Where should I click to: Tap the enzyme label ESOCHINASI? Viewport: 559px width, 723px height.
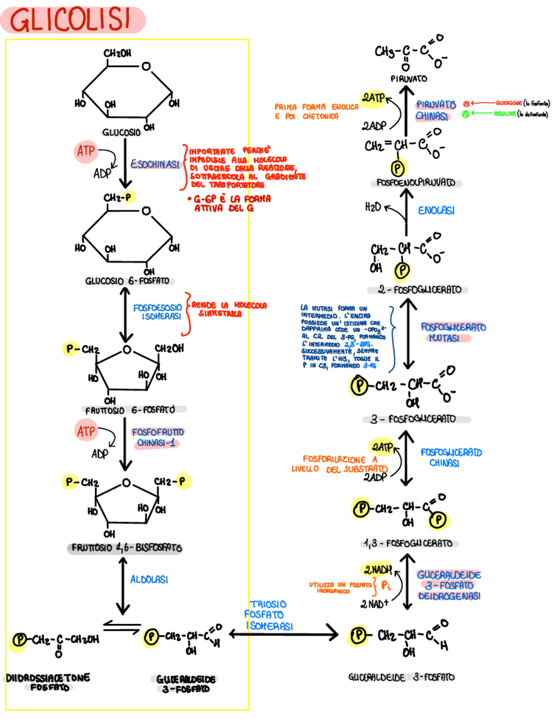click(x=155, y=164)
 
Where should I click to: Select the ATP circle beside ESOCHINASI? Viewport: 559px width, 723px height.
click(x=86, y=152)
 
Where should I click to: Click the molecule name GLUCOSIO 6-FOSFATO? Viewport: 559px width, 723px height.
click(x=127, y=281)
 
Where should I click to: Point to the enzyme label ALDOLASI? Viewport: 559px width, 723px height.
click(x=149, y=579)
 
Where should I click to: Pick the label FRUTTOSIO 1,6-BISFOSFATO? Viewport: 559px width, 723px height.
click(x=127, y=547)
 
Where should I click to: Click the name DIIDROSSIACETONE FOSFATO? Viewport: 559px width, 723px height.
click(x=48, y=682)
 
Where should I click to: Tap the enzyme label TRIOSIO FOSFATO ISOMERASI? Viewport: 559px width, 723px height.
click(x=268, y=615)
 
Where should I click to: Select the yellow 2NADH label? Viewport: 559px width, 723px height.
click(x=378, y=570)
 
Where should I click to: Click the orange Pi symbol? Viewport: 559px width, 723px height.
click(x=386, y=585)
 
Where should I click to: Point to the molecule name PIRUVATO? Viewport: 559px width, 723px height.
click(x=409, y=79)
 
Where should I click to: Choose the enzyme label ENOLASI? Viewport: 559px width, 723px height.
click(x=436, y=211)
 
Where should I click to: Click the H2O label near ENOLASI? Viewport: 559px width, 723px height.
click(x=373, y=207)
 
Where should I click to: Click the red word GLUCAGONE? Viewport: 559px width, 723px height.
click(x=508, y=103)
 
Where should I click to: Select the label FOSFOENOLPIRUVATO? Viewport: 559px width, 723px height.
click(x=416, y=183)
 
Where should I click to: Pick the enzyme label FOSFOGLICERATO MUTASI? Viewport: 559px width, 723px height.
click(x=452, y=332)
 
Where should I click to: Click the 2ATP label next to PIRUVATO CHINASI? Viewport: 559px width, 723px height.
click(x=373, y=98)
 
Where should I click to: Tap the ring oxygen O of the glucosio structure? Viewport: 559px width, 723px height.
click(x=146, y=66)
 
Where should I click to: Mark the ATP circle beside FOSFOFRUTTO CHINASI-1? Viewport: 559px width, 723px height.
click(x=86, y=432)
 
